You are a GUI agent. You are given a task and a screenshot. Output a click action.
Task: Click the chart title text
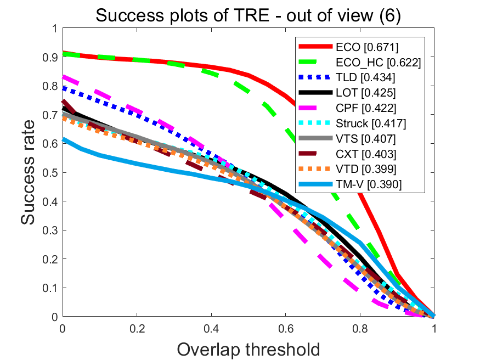pyautogui.click(x=248, y=15)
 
